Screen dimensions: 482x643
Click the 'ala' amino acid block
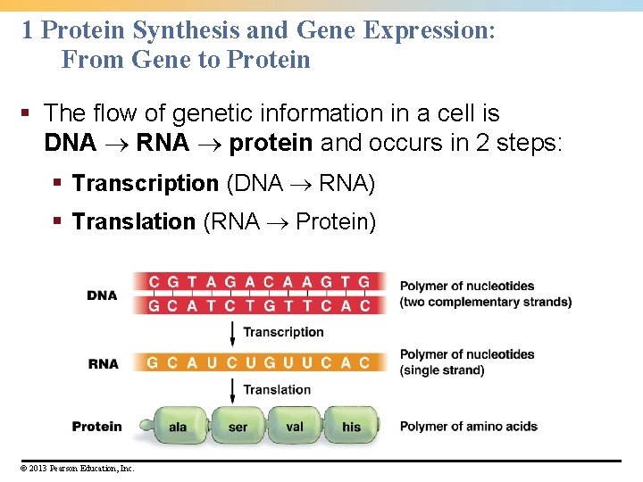point(179,427)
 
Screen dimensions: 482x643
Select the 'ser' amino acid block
point(238,427)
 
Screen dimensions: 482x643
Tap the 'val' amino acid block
point(295,427)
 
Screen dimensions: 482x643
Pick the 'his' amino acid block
point(351,427)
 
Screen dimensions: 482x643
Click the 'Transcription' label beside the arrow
point(283,332)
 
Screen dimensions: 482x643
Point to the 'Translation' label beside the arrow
point(277,389)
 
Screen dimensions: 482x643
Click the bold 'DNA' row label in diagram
point(102,295)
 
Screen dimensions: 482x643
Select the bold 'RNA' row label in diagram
point(104,363)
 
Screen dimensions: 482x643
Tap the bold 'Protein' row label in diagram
point(96,427)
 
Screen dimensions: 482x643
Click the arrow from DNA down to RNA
point(233,333)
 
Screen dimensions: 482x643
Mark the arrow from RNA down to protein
point(233,389)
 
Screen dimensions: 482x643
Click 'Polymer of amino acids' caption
point(468,427)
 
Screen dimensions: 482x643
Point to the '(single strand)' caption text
point(442,370)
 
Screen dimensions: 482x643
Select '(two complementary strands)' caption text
point(485,302)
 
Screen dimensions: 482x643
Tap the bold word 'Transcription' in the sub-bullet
point(145,184)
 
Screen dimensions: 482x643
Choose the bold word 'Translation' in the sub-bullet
point(133,221)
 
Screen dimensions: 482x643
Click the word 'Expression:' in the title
point(430,30)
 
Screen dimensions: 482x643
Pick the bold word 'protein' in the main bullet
point(271,143)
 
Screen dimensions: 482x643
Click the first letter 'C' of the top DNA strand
point(154,283)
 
